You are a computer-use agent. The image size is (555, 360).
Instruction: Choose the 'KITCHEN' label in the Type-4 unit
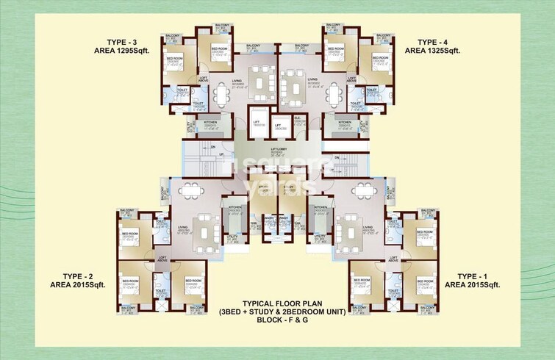pos(343,122)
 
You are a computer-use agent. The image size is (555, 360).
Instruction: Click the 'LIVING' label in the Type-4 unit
pos(312,79)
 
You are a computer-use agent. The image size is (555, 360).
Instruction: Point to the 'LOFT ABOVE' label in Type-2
pos(163,258)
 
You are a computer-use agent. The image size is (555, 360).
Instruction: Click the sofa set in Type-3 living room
pos(260,77)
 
